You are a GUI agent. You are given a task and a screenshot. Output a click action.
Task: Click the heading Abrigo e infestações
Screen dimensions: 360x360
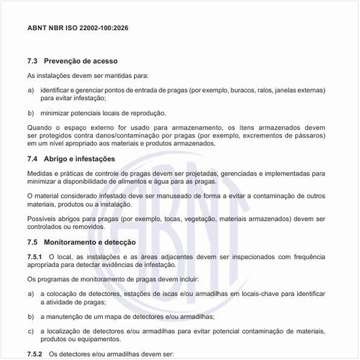[79, 159]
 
